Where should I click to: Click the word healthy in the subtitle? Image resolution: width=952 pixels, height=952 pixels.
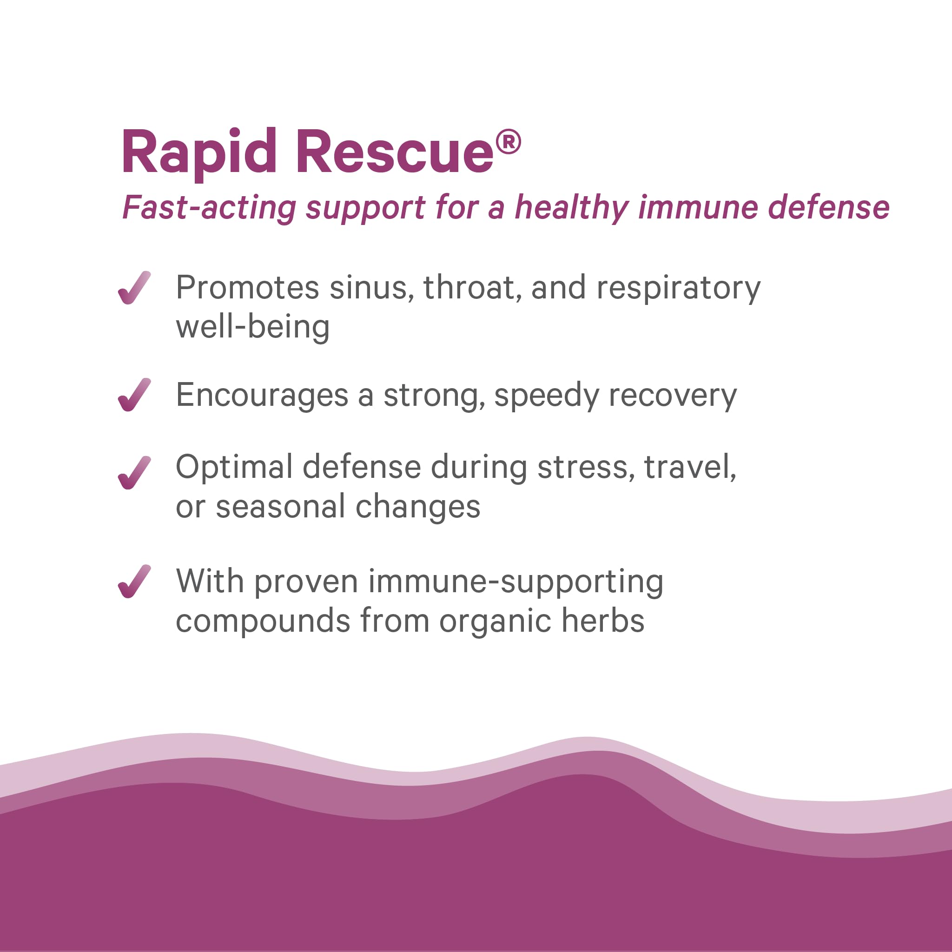pos(571,208)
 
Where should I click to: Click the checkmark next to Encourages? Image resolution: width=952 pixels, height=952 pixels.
pos(134,395)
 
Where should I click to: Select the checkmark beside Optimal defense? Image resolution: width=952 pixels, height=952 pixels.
pos(134,473)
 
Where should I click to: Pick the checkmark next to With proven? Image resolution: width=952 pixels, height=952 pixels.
pos(134,582)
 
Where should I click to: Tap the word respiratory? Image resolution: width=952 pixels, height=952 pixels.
pos(678,288)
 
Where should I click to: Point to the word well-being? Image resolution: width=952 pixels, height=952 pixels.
pos(253,328)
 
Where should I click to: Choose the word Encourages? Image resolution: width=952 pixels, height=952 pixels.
pos(262,396)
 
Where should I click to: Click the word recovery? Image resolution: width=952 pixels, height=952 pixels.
pos(673,396)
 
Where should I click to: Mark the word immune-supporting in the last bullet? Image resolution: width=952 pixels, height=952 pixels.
pos(516,582)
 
